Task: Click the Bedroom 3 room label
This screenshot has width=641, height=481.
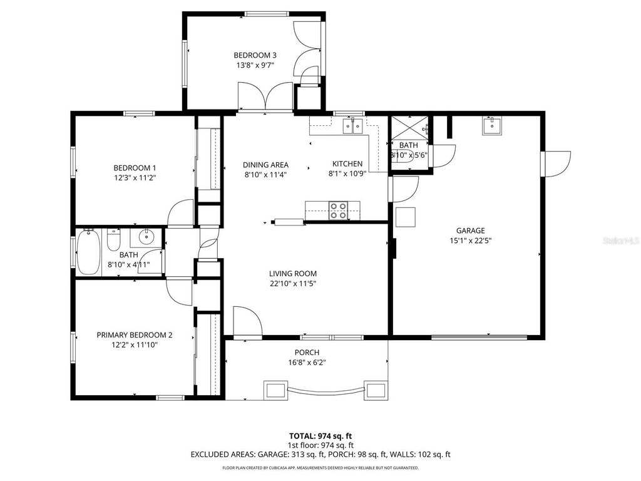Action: pos(255,54)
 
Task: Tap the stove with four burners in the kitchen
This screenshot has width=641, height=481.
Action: pos(339,210)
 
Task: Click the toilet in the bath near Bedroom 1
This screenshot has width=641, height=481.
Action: pos(113,240)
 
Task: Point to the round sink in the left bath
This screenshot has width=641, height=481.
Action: pos(147,237)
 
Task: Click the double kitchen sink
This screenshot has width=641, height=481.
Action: pos(352,127)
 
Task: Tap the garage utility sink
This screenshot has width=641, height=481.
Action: pos(491,127)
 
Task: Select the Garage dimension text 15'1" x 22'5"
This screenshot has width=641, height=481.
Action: pos(470,240)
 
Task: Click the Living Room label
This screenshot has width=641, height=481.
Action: pos(292,273)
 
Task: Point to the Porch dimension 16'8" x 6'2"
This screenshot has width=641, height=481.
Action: pos(307,362)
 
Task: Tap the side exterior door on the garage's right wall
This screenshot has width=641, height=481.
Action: pos(556,162)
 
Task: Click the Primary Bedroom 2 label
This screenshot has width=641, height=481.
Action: pos(134,334)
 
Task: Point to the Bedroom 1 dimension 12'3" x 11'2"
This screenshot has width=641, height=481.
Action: pos(134,178)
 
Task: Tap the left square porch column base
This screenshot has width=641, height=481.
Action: pos(274,390)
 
